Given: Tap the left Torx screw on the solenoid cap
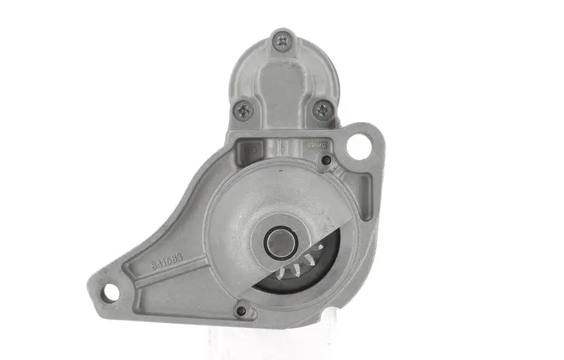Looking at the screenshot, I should tap(244, 109).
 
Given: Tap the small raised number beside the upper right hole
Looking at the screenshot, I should tap(317, 146).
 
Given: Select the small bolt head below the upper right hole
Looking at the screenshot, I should tap(325, 163).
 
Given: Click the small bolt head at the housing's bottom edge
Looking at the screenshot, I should tap(242, 310).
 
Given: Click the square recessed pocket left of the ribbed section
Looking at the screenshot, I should tap(251, 148).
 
